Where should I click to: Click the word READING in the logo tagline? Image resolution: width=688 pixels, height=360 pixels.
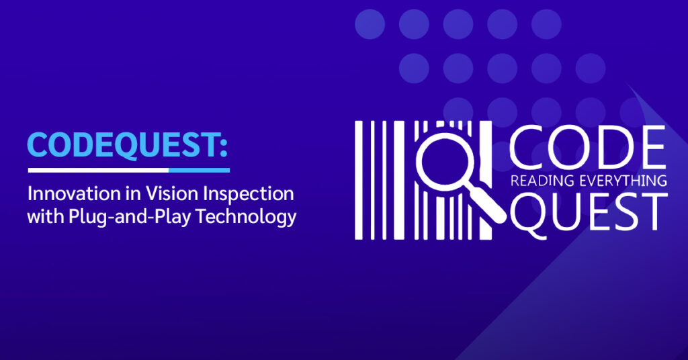point(540,180)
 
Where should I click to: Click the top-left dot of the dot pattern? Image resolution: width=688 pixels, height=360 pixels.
point(370,24)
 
